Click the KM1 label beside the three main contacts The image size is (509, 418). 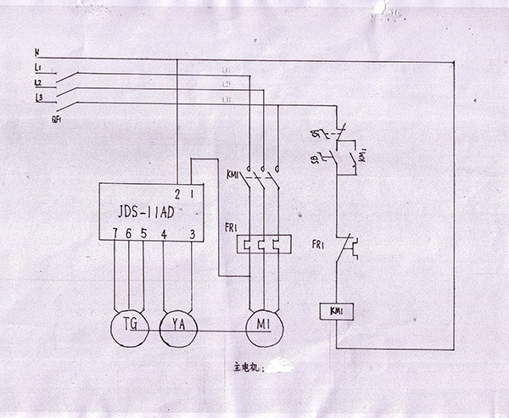point(232,175)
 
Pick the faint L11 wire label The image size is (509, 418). point(226,70)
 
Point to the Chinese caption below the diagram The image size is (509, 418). point(250,369)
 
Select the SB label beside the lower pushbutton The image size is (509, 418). point(315,159)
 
